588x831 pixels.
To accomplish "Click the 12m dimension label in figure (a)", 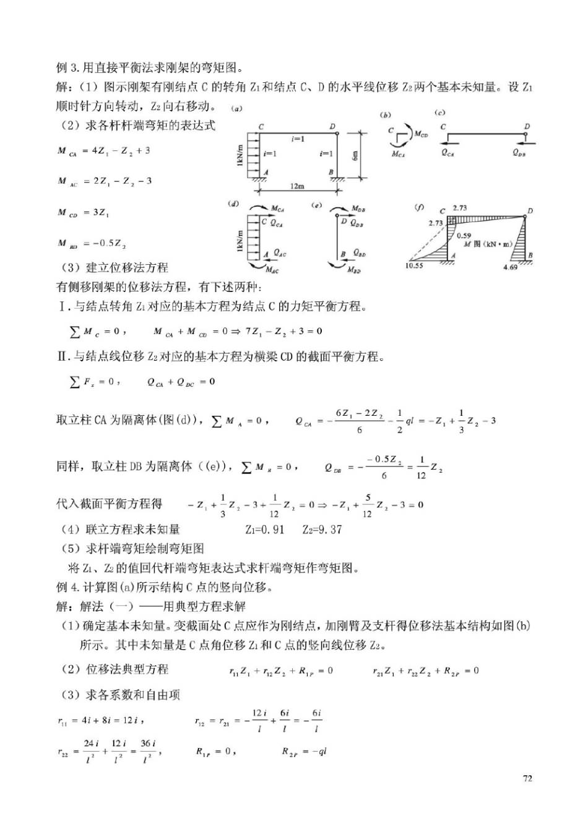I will tap(297, 186).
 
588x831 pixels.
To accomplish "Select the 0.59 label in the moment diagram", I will tap(464, 236).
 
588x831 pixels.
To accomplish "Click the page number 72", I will tap(527, 778).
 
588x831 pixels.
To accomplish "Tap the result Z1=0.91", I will tap(265, 530).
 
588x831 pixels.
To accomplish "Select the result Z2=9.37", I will tap(322, 530).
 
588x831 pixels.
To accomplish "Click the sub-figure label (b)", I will tap(386, 115).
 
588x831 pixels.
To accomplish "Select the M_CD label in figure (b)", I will tap(421, 134).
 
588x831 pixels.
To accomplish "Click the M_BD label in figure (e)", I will tap(353, 270).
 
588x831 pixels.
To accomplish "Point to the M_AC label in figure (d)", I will tap(272, 270).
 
